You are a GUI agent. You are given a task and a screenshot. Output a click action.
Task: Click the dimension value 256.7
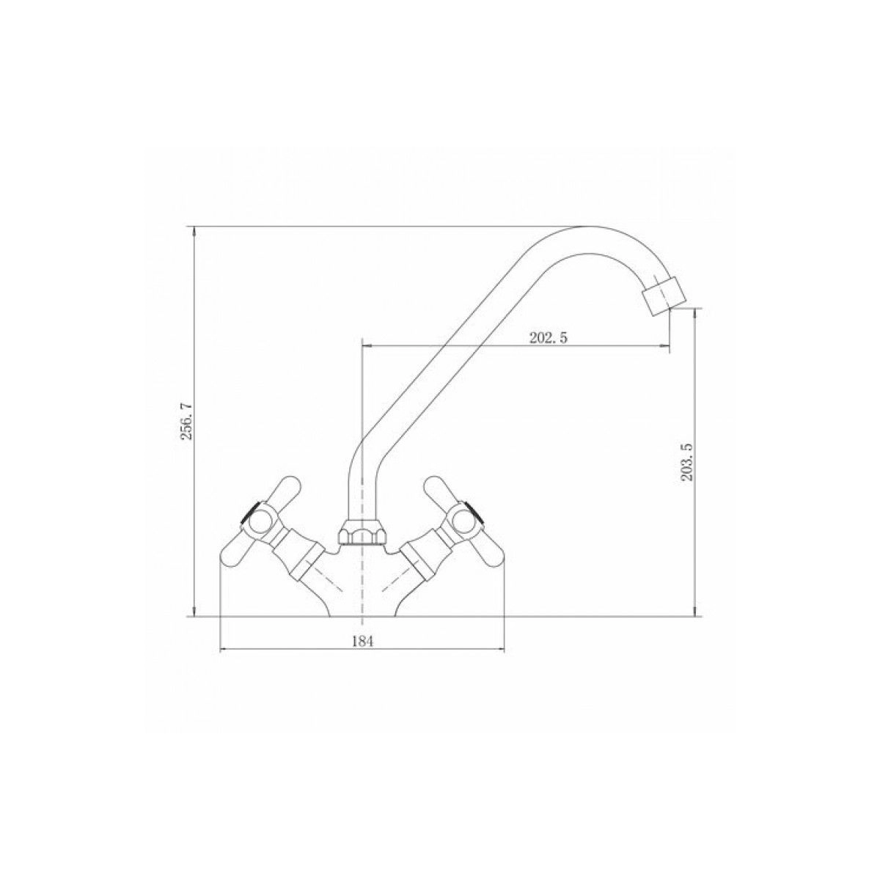pos(186,421)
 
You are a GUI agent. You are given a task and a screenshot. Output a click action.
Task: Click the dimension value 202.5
pos(548,337)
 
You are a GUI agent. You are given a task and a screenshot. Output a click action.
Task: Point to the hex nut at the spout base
pos(362,534)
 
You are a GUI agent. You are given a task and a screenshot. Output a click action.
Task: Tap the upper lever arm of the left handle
pos(282,493)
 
